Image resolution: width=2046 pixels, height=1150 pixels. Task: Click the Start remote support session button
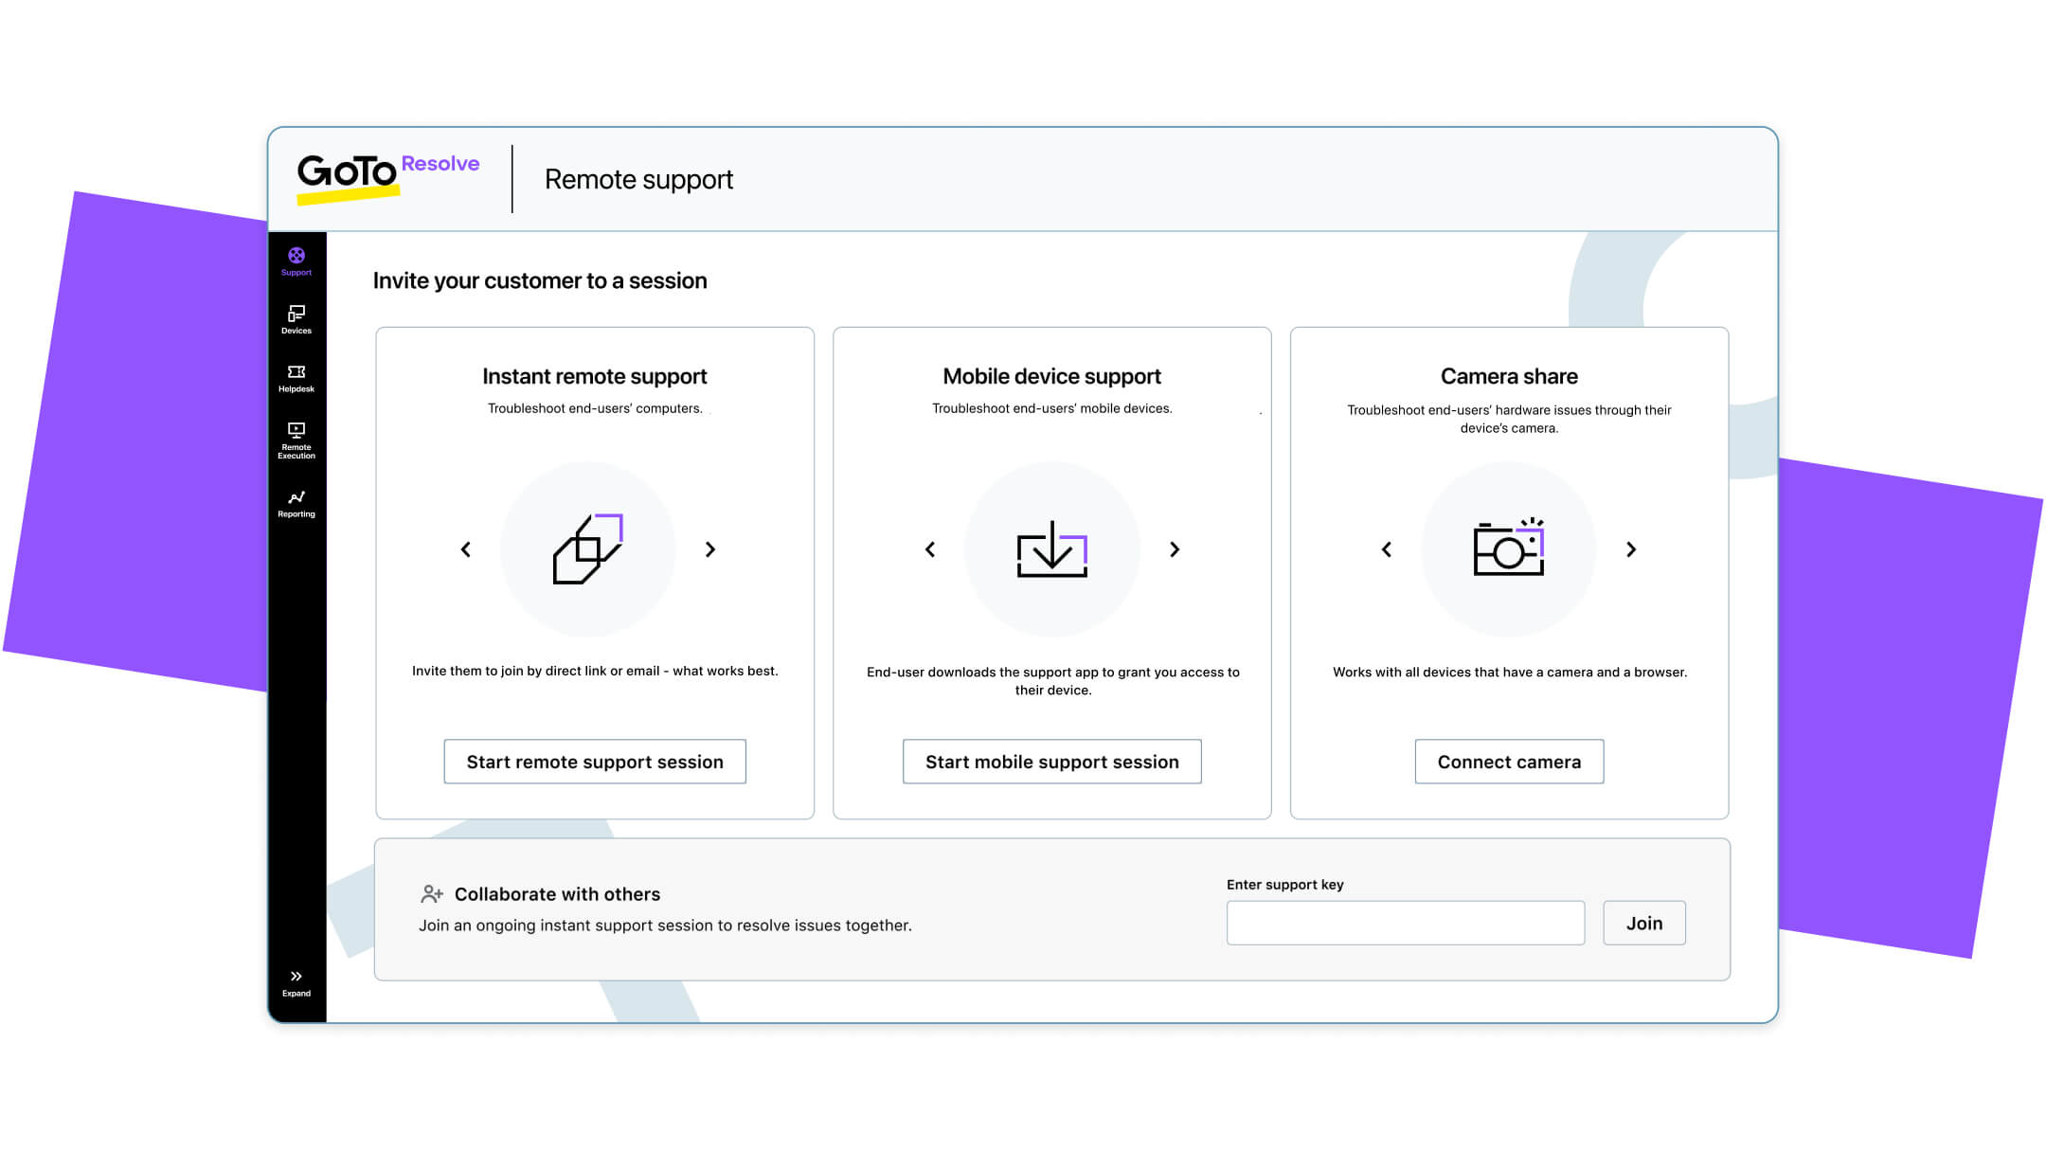595,762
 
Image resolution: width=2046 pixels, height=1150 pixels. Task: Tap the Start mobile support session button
1051,762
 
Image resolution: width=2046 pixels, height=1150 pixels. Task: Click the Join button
1643,923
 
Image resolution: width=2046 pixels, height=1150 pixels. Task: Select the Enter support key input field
1405,923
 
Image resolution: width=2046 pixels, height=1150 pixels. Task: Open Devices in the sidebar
296,319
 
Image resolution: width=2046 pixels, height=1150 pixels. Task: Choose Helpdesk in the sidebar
296,378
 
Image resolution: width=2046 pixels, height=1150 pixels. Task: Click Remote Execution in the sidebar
296,440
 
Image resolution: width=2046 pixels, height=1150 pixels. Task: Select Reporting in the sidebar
296,503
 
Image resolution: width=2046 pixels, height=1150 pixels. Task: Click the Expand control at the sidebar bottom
296,982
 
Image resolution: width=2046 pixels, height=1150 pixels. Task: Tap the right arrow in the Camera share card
1631,549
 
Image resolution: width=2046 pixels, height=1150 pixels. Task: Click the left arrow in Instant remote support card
466,549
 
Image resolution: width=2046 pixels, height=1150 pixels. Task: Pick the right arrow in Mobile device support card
1175,549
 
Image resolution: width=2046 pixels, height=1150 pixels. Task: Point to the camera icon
1508,548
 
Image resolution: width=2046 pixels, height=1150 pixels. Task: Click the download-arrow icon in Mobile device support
1051,548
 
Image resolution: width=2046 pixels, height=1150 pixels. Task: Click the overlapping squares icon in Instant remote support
587,548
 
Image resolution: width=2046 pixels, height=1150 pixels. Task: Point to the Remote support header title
638,179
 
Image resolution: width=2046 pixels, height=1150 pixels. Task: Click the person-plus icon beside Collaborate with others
432,893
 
